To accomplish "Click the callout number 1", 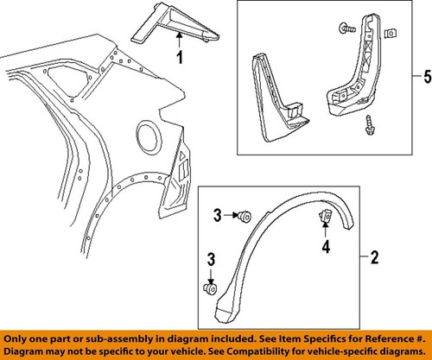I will coord(180,59).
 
